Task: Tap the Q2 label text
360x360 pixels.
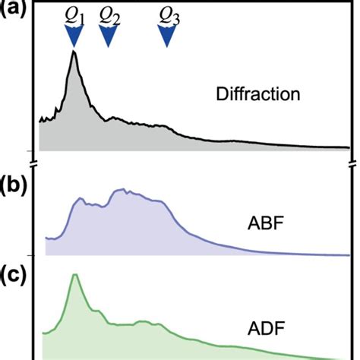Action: (109, 15)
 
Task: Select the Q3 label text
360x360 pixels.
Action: (168, 15)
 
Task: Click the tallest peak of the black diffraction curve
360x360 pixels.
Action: (74, 52)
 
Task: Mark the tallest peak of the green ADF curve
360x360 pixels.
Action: (74, 275)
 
